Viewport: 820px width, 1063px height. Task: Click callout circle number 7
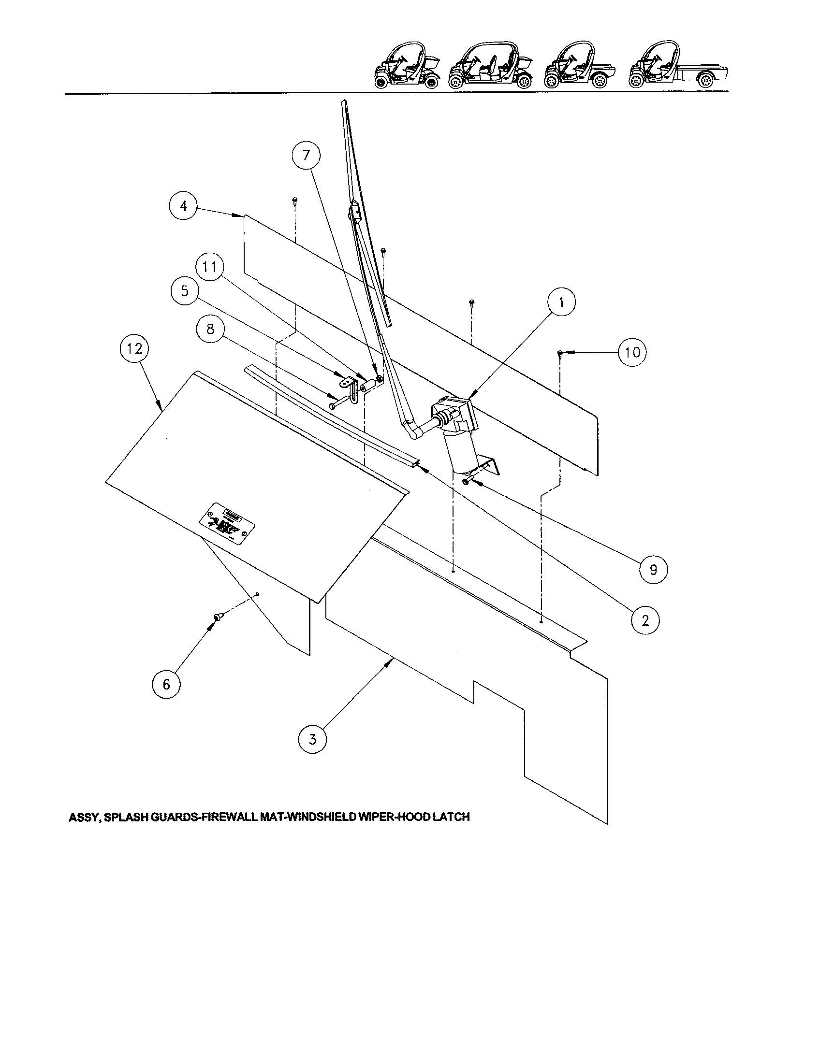306,155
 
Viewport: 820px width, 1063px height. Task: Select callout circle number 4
183,206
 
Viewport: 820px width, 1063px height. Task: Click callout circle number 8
210,329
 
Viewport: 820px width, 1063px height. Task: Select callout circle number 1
561,302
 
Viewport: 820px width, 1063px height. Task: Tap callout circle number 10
632,352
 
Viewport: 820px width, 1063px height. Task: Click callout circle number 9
653,569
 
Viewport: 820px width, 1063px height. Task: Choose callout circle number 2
645,620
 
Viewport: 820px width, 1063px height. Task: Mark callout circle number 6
166,684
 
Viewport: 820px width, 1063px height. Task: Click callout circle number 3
312,739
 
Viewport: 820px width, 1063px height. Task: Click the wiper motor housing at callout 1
455,413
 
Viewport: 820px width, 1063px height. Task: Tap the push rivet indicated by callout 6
216,618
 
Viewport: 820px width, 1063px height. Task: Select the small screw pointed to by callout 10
560,353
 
